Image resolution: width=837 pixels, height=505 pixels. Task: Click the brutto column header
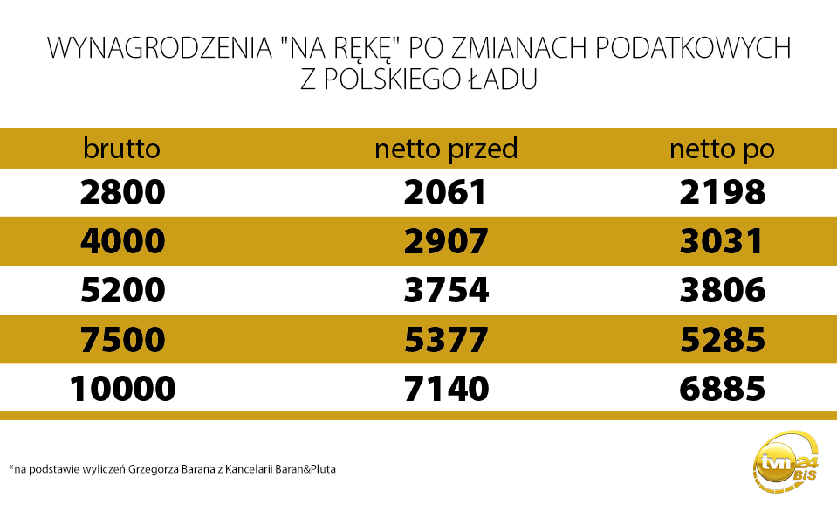click(x=122, y=149)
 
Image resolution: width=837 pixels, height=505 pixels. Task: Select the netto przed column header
click(x=446, y=149)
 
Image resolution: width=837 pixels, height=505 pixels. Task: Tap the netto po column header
click(x=722, y=149)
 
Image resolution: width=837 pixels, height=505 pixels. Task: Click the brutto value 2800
click(x=122, y=192)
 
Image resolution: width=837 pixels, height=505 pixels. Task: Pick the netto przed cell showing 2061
click(x=445, y=192)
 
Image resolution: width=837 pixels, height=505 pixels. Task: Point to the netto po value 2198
click(x=722, y=192)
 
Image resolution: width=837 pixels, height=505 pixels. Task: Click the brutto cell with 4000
click(x=122, y=241)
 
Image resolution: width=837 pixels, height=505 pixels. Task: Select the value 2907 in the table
click(x=445, y=241)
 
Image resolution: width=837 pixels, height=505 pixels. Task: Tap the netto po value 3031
click(x=722, y=241)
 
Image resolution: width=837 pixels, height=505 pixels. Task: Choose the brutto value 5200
click(x=122, y=290)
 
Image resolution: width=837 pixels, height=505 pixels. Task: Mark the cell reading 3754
click(x=445, y=290)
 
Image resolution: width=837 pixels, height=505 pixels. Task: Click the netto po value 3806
click(x=722, y=290)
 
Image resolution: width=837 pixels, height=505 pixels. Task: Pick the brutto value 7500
click(x=122, y=339)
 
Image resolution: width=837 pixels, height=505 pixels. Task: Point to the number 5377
click(x=445, y=339)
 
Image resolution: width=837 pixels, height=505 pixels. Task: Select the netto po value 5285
click(x=722, y=339)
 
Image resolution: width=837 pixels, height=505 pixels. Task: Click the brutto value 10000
click(x=122, y=388)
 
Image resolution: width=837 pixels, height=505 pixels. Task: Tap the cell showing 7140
click(x=445, y=388)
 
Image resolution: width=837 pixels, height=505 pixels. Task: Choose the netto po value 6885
click(x=722, y=388)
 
